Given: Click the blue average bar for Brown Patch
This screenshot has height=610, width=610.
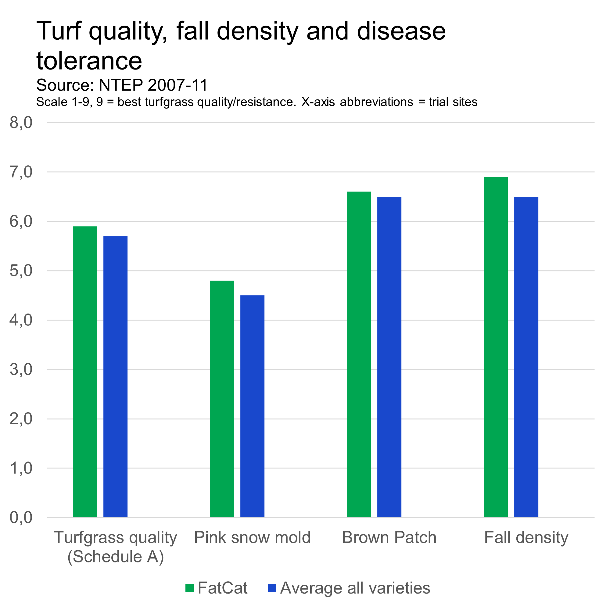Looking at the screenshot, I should (389, 357).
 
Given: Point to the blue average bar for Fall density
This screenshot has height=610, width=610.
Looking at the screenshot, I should (526, 357).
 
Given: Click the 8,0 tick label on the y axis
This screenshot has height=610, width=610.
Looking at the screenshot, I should (21, 123).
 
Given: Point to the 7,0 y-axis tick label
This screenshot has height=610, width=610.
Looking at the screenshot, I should (21, 172).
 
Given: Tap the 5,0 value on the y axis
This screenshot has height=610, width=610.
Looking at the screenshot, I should (21, 271).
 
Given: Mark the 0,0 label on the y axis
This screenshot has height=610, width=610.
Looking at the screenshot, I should (21, 518).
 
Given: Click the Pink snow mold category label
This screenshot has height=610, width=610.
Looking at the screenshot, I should (252, 537).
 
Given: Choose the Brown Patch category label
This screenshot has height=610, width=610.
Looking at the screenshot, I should (389, 537).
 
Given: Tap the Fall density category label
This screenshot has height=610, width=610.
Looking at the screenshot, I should (526, 537).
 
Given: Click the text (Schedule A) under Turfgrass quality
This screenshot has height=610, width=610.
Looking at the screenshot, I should (116, 557).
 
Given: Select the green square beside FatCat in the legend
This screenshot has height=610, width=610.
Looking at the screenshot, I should (189, 588).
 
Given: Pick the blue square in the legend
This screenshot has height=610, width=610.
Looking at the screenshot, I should (272, 588).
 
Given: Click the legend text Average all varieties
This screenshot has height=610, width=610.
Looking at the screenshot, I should (355, 588).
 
